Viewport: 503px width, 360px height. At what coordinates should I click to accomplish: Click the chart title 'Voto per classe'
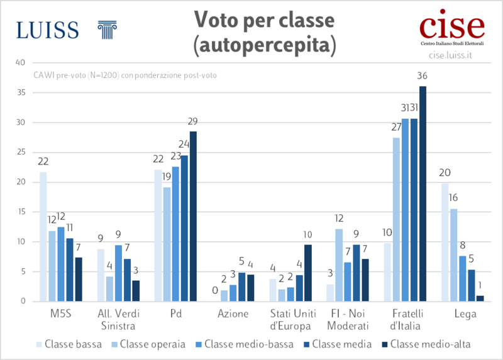(x=263, y=21)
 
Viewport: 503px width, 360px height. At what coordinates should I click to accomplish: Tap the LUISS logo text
(x=48, y=30)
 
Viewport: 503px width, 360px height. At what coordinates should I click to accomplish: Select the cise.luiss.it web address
(x=450, y=55)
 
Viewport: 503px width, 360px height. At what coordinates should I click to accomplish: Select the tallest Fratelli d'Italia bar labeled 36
(x=423, y=194)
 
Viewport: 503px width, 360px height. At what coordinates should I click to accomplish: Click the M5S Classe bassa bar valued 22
(x=43, y=236)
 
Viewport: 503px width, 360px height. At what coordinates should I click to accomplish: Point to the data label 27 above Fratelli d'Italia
(x=396, y=127)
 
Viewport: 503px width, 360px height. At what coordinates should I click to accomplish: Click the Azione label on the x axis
(x=233, y=314)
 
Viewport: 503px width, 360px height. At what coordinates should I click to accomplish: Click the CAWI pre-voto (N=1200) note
(x=125, y=76)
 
